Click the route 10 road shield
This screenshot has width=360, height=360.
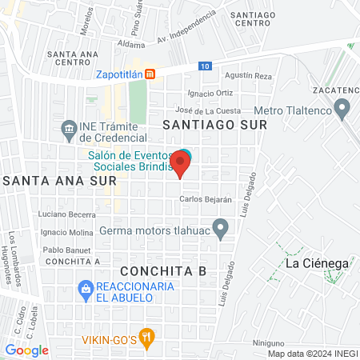click(206, 66)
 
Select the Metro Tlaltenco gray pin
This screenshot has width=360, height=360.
click(343, 108)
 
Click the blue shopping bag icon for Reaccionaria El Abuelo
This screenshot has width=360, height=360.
click(84, 287)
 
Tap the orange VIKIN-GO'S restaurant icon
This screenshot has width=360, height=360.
click(145, 338)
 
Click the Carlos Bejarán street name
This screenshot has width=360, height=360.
click(206, 199)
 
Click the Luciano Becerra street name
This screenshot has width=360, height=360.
click(67, 215)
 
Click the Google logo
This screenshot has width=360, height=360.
click(27, 350)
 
